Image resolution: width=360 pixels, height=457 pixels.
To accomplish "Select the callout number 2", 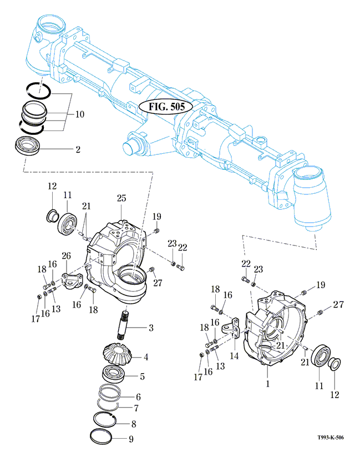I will click(x=78, y=149).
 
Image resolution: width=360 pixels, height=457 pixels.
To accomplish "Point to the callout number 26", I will click(x=66, y=256).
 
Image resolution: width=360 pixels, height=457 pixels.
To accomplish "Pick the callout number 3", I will click(x=150, y=328).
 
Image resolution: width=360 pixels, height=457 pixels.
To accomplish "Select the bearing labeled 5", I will click(x=115, y=373).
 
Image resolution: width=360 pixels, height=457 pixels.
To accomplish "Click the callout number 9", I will click(x=131, y=438).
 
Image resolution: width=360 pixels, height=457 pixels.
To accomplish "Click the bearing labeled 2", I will click(x=27, y=145).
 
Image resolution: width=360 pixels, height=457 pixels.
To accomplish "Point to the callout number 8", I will click(x=133, y=423).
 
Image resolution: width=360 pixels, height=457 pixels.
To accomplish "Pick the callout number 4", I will click(x=146, y=357).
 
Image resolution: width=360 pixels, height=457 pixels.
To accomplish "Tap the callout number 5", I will click(x=142, y=376).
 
